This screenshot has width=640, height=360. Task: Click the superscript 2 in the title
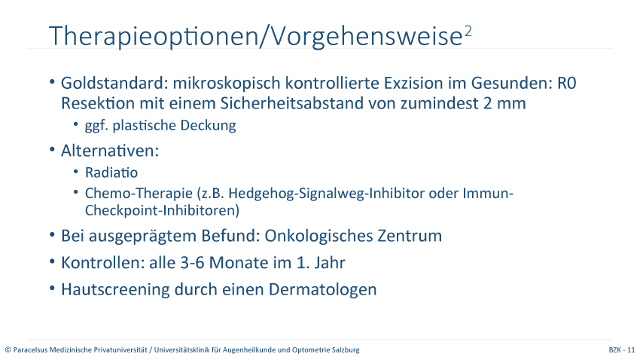click(x=468, y=32)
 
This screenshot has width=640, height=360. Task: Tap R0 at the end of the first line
click(x=566, y=84)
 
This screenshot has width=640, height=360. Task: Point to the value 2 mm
click(x=504, y=103)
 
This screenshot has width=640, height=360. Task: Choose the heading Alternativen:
click(x=110, y=151)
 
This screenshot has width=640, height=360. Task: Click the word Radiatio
click(x=111, y=172)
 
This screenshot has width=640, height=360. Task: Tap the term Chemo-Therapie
click(x=139, y=193)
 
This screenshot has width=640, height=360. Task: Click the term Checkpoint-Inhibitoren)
click(x=162, y=210)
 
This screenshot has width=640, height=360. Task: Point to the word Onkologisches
click(x=318, y=236)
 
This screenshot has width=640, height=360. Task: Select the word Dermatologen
click(x=322, y=289)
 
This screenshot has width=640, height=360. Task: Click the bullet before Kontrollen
click(x=52, y=261)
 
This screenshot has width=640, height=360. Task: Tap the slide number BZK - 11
click(x=622, y=349)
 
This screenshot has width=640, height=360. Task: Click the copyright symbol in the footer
click(x=8, y=350)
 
